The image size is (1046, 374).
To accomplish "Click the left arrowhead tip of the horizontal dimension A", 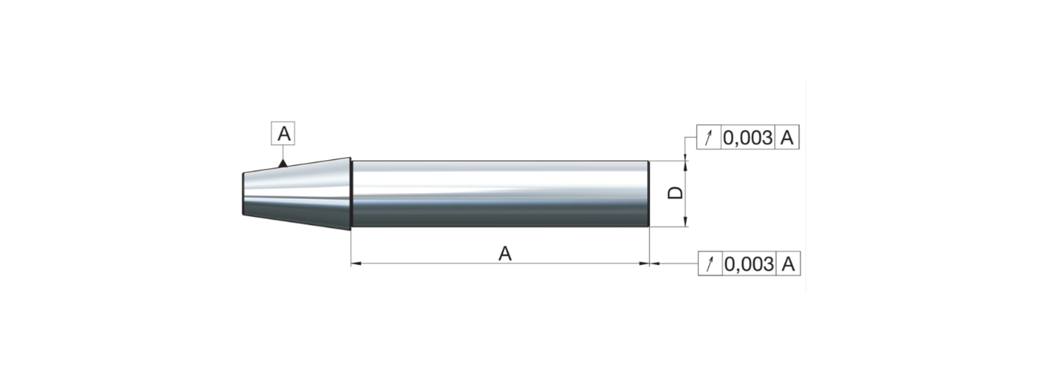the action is pos(351,263).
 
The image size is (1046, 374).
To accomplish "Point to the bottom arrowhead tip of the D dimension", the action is pos(686,227).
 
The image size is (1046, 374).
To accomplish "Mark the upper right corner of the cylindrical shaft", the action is pos(649,161).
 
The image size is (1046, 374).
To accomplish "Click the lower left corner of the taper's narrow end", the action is pos(243,215).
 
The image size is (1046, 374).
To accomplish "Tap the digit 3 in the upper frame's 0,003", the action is pos(766,138).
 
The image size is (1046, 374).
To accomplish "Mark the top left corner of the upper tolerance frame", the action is pos(696,125).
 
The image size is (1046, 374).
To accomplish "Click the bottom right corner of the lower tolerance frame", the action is pos(800,275).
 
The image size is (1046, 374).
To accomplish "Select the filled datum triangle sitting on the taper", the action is pos(282,163).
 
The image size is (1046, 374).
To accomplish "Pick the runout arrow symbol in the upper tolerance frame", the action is pos(709,138).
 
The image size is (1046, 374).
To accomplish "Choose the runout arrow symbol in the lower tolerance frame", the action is pos(711,263).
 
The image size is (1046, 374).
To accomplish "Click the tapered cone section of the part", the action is pos(297,194).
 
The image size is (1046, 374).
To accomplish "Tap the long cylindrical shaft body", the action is pos(500,194).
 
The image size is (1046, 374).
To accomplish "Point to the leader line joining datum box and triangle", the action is pos(282,152).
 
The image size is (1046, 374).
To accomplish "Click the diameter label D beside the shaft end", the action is pos(675,193).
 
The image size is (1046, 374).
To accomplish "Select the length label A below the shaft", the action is pos(505,254).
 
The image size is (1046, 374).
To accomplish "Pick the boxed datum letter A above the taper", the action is pos(283,134).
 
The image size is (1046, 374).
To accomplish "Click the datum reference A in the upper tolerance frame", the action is pos(787,138).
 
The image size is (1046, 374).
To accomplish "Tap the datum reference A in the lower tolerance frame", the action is pos(788,263).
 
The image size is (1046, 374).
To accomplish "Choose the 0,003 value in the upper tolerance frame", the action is pos(748,138).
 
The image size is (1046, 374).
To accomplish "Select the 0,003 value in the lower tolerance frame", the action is pos(749,264).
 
